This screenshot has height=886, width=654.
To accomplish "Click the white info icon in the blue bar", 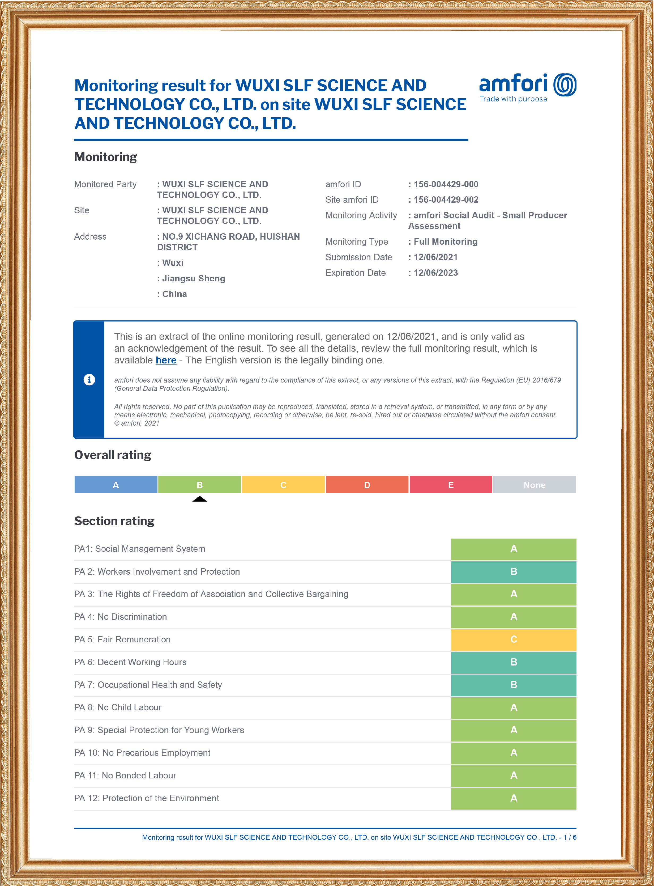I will coord(89,379).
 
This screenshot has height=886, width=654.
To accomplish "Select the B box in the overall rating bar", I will coord(199,485).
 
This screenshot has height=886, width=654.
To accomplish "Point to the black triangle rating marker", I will coord(199,499).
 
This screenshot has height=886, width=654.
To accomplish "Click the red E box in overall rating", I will coord(451,485).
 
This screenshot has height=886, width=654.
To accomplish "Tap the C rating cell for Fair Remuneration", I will coord(514,639).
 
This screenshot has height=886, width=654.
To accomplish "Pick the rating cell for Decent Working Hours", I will coord(514,662).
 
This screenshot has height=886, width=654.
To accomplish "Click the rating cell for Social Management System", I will coord(514,549).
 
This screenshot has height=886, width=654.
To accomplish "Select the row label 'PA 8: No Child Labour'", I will coord(118,707).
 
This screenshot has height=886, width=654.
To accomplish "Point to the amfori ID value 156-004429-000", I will coord(446,184).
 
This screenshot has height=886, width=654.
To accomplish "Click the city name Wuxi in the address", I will coord(173,262).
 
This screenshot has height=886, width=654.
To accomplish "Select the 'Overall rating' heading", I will coord(113,455).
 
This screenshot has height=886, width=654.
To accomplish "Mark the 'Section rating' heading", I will coord(114,521).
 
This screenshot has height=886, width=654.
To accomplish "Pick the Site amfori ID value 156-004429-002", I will coord(446,200).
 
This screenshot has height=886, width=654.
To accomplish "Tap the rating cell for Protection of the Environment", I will coord(514,798).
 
